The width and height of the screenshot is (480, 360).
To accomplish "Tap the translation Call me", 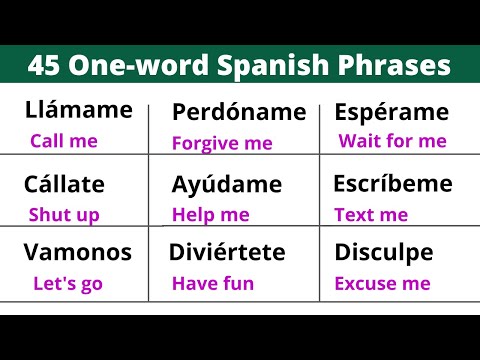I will click(x=64, y=141).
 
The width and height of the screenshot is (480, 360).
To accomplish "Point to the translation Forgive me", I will click(x=222, y=143).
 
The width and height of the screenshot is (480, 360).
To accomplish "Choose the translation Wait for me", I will click(x=392, y=141).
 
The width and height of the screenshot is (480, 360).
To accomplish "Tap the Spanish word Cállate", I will click(x=66, y=184).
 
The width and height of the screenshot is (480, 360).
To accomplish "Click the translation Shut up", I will click(x=65, y=214).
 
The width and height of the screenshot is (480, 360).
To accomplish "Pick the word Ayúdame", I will click(x=226, y=185).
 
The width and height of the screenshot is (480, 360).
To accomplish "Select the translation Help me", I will click(x=210, y=214).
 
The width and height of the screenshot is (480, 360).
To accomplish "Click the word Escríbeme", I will click(x=393, y=184).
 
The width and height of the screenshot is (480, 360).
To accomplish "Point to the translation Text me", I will click(x=371, y=214).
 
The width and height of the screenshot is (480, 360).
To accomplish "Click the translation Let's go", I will click(x=68, y=283).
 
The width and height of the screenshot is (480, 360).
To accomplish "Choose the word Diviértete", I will click(x=228, y=252).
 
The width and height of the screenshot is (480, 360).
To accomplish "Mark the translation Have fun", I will click(x=213, y=283).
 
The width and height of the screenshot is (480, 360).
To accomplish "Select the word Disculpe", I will click(x=384, y=252).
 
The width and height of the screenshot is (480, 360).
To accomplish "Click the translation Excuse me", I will click(x=382, y=283).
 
